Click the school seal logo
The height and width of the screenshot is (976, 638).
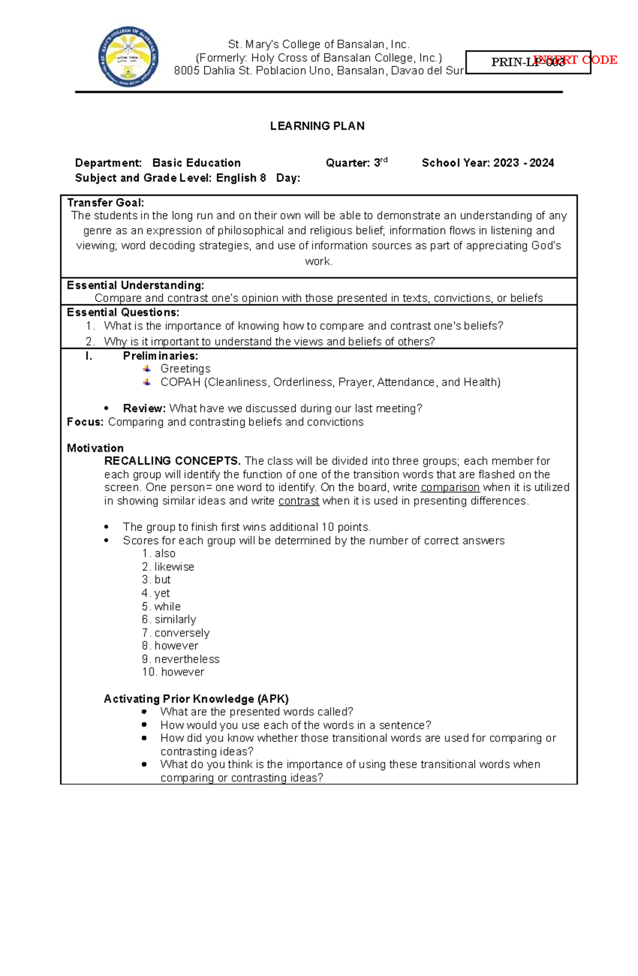[x=128, y=58]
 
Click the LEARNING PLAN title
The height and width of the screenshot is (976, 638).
[x=317, y=126]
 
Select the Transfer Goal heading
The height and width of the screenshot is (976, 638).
[x=105, y=203]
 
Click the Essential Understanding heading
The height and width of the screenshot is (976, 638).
[x=135, y=285]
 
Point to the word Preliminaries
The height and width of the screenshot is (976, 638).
[x=160, y=356]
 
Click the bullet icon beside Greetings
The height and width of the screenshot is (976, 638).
[x=147, y=369]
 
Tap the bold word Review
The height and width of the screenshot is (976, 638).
[x=144, y=408]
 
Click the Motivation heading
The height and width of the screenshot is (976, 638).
[x=95, y=448]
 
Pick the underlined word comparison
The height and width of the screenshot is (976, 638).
[x=450, y=487]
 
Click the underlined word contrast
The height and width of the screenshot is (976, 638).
[x=299, y=500]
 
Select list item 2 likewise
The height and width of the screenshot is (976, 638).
[x=168, y=567]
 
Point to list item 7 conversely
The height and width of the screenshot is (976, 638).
[x=176, y=633]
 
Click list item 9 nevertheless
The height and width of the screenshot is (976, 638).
[x=181, y=659]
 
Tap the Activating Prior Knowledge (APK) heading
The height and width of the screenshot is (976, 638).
[x=196, y=699]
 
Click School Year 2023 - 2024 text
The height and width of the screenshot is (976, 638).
[x=488, y=163]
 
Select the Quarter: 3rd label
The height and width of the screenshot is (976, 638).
[x=356, y=163]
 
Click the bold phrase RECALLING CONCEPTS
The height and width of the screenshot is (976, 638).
[x=172, y=461]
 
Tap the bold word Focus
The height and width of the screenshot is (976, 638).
[x=85, y=422]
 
